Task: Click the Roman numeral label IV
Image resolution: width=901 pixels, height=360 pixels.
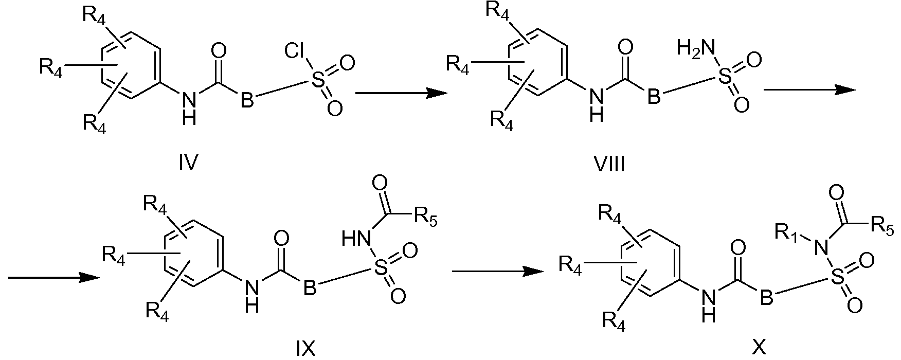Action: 188,164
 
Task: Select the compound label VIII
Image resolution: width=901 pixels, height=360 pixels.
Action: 609,165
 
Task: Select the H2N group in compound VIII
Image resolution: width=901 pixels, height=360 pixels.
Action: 696,49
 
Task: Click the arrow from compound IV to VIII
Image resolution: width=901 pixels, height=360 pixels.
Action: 401,93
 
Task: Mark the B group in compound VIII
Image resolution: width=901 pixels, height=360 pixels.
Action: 653,96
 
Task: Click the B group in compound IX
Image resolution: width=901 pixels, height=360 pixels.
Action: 309,289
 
